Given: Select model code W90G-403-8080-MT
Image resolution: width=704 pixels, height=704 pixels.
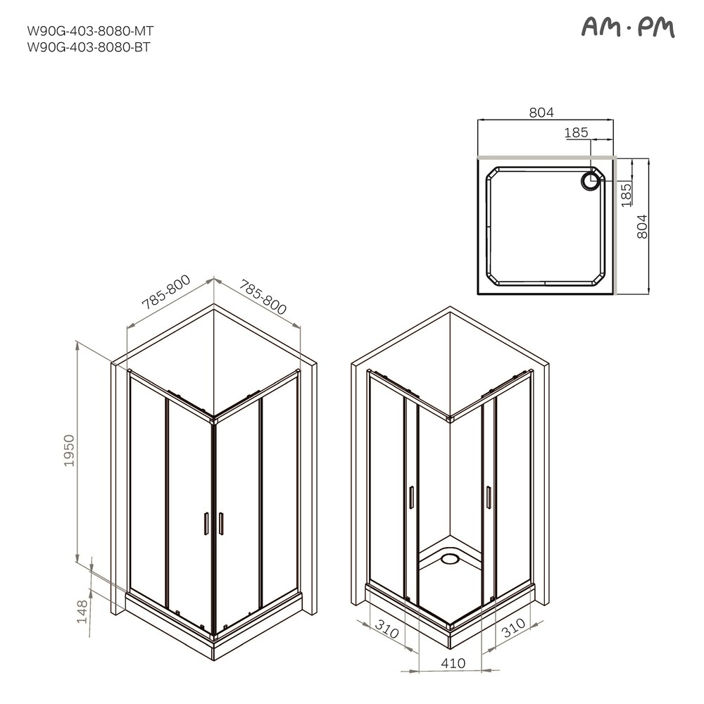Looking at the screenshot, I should click(x=89, y=31).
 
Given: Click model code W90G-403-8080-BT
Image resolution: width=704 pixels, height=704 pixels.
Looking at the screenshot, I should click(x=89, y=47).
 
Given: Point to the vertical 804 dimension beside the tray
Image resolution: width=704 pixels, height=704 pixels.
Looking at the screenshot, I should click(x=641, y=227).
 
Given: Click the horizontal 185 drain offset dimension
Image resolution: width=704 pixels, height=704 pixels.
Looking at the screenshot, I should click(x=576, y=132).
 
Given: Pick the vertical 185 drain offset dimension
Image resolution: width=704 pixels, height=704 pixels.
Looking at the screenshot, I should click(x=626, y=192).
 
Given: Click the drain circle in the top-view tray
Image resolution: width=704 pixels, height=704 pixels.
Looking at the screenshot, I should click(x=589, y=181).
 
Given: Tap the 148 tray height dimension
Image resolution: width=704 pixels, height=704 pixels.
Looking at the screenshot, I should click(x=83, y=611).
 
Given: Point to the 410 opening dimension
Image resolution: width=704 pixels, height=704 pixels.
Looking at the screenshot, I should click(x=453, y=662).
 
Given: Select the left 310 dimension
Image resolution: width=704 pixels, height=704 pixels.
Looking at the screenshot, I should click(x=387, y=628).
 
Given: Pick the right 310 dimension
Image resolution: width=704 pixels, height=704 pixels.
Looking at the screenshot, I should click(x=513, y=628).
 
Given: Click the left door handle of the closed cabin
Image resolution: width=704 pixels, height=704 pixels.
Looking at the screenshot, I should click(x=206, y=524).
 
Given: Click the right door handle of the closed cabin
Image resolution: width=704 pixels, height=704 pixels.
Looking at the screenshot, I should click(x=221, y=524).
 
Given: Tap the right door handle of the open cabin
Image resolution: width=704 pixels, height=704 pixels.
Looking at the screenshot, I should click(x=487, y=496).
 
